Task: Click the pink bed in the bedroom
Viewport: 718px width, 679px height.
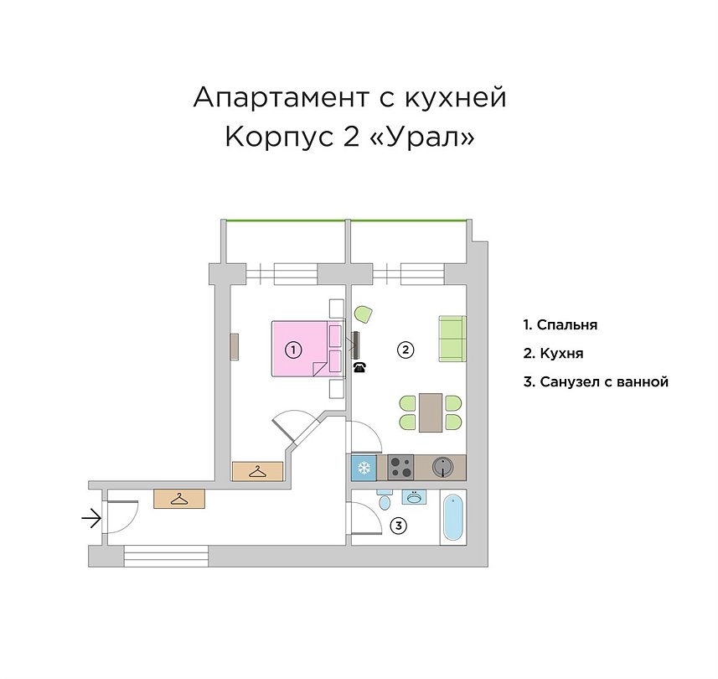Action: (x=307, y=349)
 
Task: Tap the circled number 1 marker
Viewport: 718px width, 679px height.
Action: (x=293, y=350)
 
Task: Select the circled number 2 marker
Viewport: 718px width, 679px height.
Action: (x=405, y=350)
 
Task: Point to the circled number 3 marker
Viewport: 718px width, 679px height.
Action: (x=399, y=526)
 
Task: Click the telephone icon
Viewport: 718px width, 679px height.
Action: (x=359, y=366)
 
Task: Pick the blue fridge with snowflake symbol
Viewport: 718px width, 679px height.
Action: (x=364, y=468)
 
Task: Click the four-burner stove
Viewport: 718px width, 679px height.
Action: (x=400, y=467)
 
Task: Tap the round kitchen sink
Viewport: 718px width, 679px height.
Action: (x=443, y=467)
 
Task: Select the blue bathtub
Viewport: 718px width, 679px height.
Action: (x=453, y=517)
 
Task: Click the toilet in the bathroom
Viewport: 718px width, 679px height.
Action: (x=385, y=500)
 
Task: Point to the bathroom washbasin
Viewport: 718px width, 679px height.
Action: (x=415, y=497)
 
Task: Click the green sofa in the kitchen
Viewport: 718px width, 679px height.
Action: (x=452, y=339)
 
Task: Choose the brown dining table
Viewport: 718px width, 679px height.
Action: (x=431, y=412)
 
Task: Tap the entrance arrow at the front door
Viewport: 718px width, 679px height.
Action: (x=91, y=519)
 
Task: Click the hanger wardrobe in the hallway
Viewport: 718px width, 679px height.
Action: (x=179, y=499)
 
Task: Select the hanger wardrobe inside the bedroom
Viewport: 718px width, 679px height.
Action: (x=257, y=471)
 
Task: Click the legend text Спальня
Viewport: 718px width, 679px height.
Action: (x=567, y=325)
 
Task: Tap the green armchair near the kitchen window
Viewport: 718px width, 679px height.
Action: (x=364, y=314)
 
